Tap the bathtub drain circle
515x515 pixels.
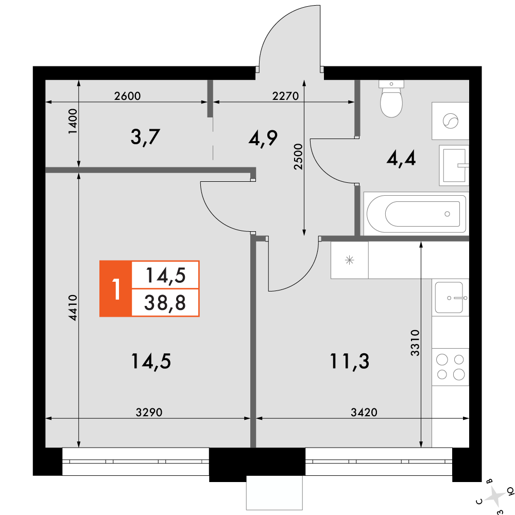(x=447, y=214)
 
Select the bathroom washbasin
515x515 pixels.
(x=454, y=165)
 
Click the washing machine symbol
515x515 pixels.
(x=450, y=121)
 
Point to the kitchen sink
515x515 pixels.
(x=450, y=298)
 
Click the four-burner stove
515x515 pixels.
(x=450, y=367)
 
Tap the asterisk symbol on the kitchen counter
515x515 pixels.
(x=350, y=261)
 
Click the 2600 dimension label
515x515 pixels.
(x=127, y=96)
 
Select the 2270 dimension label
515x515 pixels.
(x=285, y=96)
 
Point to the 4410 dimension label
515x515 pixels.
(x=73, y=308)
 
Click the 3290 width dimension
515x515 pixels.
(x=149, y=412)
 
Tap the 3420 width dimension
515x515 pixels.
(x=364, y=412)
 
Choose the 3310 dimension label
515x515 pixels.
(x=415, y=343)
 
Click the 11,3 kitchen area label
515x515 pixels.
(x=350, y=362)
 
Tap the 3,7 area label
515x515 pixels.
(x=145, y=138)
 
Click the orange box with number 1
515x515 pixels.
(x=115, y=289)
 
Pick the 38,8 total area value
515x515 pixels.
(x=165, y=302)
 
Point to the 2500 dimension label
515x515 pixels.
(x=298, y=157)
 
